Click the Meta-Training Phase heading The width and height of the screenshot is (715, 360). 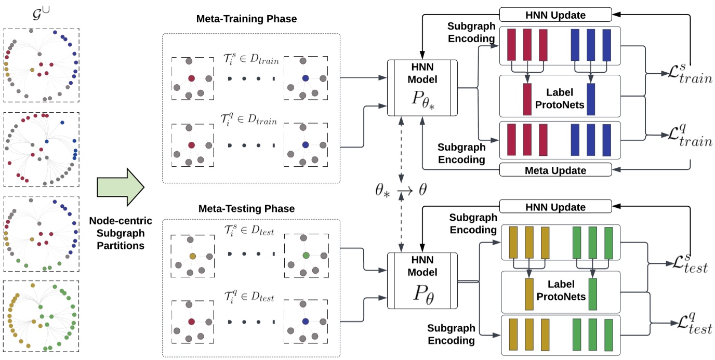[246, 19]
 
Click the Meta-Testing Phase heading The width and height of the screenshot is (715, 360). [246, 209]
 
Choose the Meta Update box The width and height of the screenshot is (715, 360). [555, 170]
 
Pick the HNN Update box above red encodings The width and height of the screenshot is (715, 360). [555, 15]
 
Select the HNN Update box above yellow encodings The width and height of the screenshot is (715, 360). [555, 207]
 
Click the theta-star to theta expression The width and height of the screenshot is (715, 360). [401, 189]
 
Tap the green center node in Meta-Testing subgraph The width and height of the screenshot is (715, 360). [306, 256]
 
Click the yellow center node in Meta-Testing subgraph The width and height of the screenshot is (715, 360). [192, 256]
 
